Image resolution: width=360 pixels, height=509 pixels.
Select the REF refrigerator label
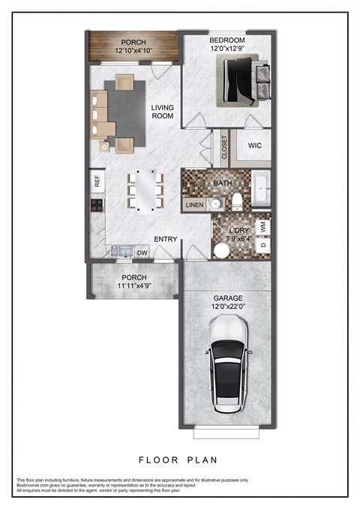click(96, 181)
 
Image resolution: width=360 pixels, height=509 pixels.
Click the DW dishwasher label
click(142, 253)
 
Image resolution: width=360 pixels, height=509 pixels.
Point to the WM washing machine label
click(263, 224)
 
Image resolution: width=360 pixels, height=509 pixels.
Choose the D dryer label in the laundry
click(263, 244)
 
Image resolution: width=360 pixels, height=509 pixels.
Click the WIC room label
click(254, 145)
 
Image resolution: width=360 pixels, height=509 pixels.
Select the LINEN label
click(193, 205)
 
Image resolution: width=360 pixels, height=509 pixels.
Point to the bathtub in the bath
click(262, 187)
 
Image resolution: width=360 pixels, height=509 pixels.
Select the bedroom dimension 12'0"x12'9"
click(227, 49)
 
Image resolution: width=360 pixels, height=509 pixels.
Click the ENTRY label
click(165, 239)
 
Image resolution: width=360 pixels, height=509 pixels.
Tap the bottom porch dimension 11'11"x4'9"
click(133, 286)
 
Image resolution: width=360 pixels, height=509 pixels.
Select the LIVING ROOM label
click(162, 112)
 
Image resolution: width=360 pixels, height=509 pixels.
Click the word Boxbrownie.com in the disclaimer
click(34, 485)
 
